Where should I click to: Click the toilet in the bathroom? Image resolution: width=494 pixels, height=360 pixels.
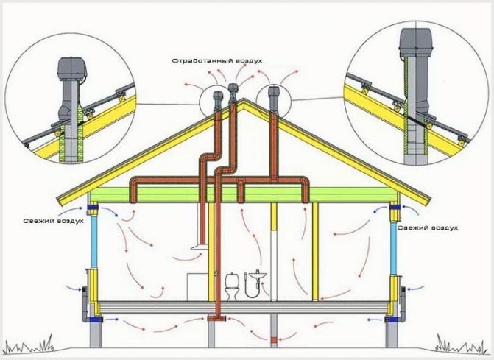(232, 286)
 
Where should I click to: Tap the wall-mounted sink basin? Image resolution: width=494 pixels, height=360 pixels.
(258, 276)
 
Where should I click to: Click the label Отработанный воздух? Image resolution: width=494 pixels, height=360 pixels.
(217, 61)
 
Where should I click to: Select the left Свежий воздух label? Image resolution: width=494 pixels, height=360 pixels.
(53, 221)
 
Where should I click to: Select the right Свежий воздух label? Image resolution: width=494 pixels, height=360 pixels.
(428, 227)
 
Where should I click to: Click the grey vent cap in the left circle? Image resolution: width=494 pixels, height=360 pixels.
(72, 68)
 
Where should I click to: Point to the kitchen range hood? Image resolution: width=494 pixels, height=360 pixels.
(199, 247)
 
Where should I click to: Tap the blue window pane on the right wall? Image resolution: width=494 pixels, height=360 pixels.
(393, 248)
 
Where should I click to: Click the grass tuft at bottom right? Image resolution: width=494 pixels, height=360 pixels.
(460, 344)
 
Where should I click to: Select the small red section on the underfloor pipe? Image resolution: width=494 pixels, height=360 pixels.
(274, 340)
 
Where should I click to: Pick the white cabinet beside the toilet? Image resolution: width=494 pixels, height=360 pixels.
(197, 286)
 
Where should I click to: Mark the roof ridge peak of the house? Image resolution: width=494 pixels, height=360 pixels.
(244, 99)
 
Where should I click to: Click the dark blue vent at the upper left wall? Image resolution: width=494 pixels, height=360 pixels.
(93, 208)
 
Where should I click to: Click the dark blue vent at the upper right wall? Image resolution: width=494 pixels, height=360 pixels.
(395, 208)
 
